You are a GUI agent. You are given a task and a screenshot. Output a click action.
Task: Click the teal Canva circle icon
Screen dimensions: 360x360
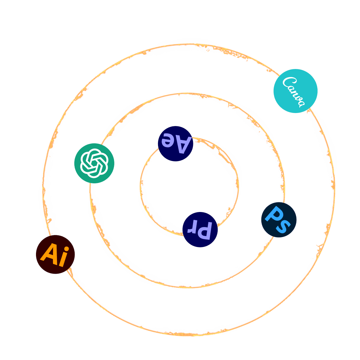pos(295,91)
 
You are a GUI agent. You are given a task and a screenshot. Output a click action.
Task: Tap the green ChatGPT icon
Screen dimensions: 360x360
pos(94,163)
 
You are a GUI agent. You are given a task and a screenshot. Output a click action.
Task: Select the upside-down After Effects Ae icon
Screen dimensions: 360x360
pos(175,144)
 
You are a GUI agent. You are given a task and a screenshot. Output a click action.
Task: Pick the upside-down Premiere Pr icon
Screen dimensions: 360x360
pos(200,230)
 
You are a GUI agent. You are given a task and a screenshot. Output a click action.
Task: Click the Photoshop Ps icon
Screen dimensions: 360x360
pos(279,220)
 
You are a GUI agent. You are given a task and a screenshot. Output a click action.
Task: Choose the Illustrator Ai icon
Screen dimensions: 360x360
pos(55,255)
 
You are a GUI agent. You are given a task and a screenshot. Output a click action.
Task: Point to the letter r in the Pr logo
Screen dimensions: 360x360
pos(193,229)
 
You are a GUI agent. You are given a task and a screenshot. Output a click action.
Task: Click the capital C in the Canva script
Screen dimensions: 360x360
pos(289,82)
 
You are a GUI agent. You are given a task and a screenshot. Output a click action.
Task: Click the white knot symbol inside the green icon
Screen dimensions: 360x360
pos(94,163)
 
